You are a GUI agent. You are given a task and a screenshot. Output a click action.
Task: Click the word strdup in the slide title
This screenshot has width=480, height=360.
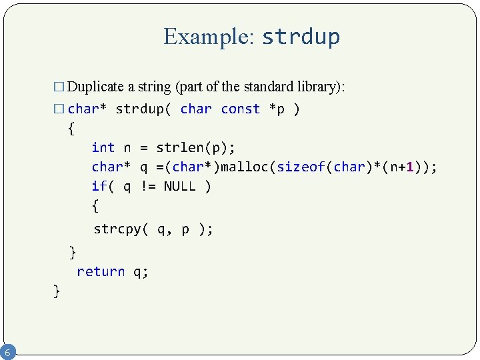[301, 37]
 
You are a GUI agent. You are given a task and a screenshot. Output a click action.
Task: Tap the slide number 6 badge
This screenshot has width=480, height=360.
[7, 351]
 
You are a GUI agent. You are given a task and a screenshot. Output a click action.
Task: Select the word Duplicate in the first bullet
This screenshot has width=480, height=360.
[96, 87]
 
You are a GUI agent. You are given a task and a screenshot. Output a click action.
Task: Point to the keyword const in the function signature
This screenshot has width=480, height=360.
[240, 109]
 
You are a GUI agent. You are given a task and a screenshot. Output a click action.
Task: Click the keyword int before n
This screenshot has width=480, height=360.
[103, 147]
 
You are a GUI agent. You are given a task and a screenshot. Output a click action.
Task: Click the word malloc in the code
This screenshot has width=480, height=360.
[245, 167]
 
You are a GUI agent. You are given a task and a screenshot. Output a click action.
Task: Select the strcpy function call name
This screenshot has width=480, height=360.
[117, 229]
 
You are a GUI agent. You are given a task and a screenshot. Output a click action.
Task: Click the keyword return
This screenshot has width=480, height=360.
[101, 271]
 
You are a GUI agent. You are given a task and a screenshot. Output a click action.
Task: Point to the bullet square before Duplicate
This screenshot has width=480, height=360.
[59, 87]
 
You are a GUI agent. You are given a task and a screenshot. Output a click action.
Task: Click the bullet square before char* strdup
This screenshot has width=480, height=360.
[59, 109]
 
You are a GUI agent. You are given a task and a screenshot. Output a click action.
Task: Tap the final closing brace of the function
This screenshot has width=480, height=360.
[57, 291]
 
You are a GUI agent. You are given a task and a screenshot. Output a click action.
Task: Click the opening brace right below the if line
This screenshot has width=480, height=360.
[95, 206]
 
